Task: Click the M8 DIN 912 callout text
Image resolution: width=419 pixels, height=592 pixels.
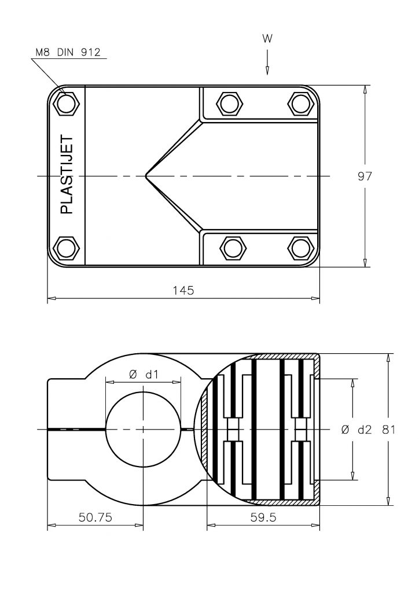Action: tap(68, 52)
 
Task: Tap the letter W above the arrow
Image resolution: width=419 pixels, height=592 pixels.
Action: tap(267, 39)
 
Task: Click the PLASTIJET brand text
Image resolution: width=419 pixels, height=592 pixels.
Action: tap(67, 175)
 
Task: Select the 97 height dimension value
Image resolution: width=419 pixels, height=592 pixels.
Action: tap(365, 176)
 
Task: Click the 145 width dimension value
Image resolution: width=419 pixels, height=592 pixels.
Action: tap(183, 290)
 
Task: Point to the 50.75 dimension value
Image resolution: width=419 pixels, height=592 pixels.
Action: tap(95, 517)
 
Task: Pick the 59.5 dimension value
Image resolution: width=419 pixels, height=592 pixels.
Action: tap(263, 517)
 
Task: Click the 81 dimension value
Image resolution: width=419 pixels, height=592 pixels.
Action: tap(388, 430)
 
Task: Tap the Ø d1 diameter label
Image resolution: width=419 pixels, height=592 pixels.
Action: tap(143, 375)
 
